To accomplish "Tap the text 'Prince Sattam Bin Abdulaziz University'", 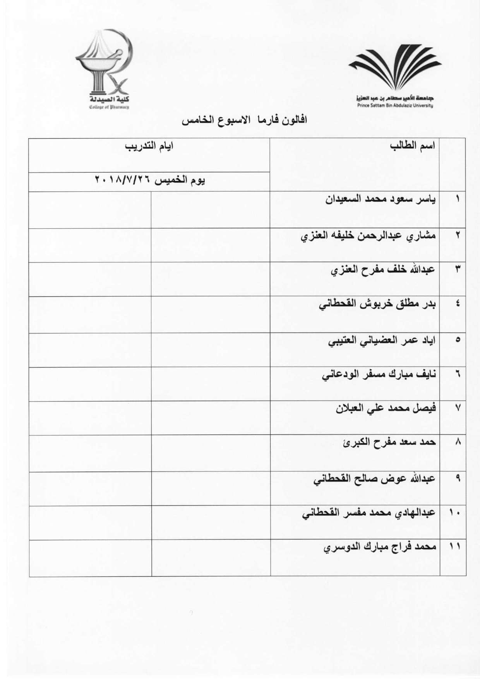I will (x=395, y=105).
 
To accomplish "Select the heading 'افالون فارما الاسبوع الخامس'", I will (x=244, y=120).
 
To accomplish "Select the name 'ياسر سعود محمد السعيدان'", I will (x=380, y=200).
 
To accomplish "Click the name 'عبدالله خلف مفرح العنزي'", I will (x=383, y=270).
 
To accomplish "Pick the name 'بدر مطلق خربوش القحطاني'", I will (x=377, y=304).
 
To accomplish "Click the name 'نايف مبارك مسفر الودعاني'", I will (x=379, y=375).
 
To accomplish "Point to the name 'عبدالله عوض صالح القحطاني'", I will (x=374, y=479).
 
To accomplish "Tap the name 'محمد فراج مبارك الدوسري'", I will (x=380, y=547).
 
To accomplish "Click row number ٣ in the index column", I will (x=457, y=270).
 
